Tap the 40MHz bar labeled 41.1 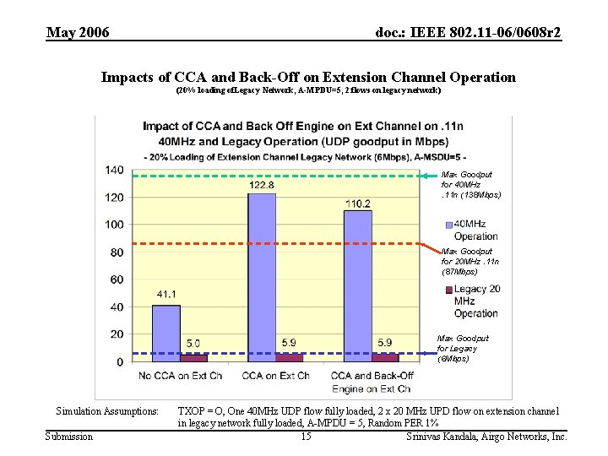[x=166, y=333]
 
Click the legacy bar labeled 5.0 [x=193, y=357]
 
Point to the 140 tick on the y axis [x=114, y=170]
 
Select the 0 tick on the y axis [x=120, y=361]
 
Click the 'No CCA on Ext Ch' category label [x=179, y=375]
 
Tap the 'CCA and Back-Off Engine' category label [x=371, y=382]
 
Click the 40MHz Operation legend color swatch [x=448, y=225]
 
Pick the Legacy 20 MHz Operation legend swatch [x=448, y=290]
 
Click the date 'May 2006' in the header [x=78, y=33]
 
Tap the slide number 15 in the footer [x=306, y=437]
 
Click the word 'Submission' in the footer [x=69, y=437]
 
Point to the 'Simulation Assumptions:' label [x=106, y=411]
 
